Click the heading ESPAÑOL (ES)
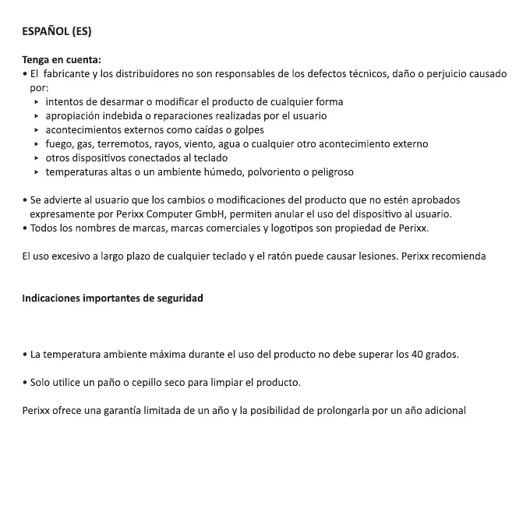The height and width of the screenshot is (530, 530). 57,32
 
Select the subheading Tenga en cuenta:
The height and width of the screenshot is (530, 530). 62,60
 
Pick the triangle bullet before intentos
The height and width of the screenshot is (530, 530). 37,102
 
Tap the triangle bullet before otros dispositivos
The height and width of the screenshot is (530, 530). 37,158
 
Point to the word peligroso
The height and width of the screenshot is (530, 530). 330,172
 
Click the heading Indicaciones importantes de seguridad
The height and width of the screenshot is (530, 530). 112,299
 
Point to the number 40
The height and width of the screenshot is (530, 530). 418,355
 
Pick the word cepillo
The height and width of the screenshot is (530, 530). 138,383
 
